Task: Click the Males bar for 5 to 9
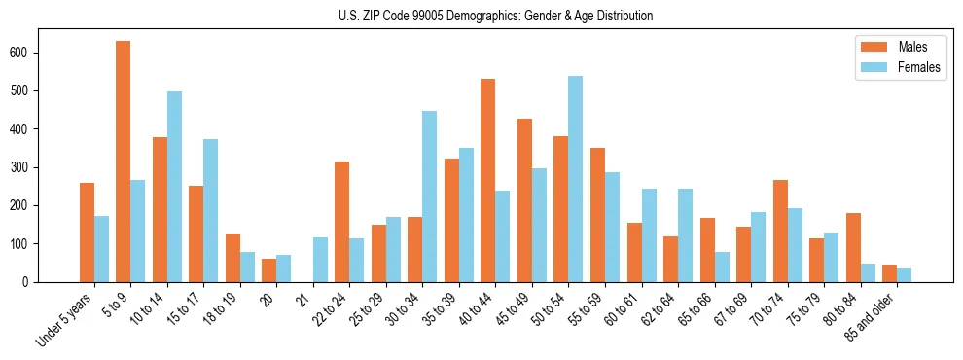[124, 162]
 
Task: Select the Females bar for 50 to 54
[576, 179]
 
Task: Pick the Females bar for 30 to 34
[430, 197]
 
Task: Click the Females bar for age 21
[320, 260]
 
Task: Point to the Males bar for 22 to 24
[342, 222]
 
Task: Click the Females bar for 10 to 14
[174, 187]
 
